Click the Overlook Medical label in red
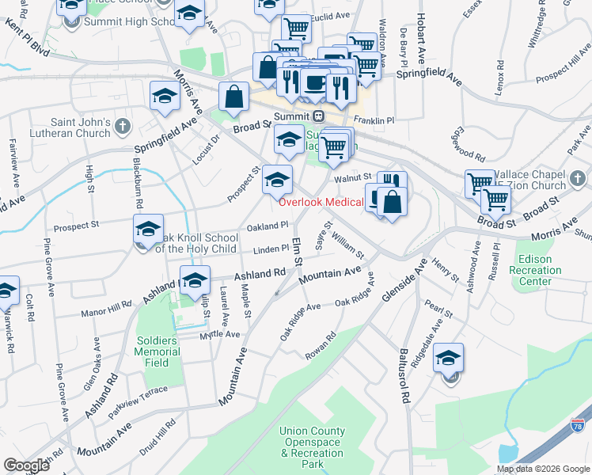(x=321, y=202)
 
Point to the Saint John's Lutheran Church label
(x=81, y=127)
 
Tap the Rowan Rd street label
(x=321, y=347)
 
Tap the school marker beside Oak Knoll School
(x=148, y=229)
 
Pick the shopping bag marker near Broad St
(x=234, y=97)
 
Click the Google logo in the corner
(x=27, y=465)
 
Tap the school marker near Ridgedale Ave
(x=448, y=359)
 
